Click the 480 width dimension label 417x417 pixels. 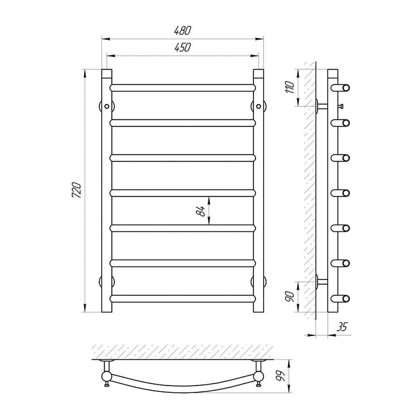[x=183, y=30]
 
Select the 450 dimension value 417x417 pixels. [x=183, y=48]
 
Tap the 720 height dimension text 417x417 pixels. [x=76, y=190]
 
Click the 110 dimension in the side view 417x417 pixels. [x=290, y=87]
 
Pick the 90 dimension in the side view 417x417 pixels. [x=290, y=296]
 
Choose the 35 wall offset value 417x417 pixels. [x=342, y=327]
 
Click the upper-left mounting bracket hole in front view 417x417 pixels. [x=107, y=106]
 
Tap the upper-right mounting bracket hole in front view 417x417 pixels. [x=259, y=106]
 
